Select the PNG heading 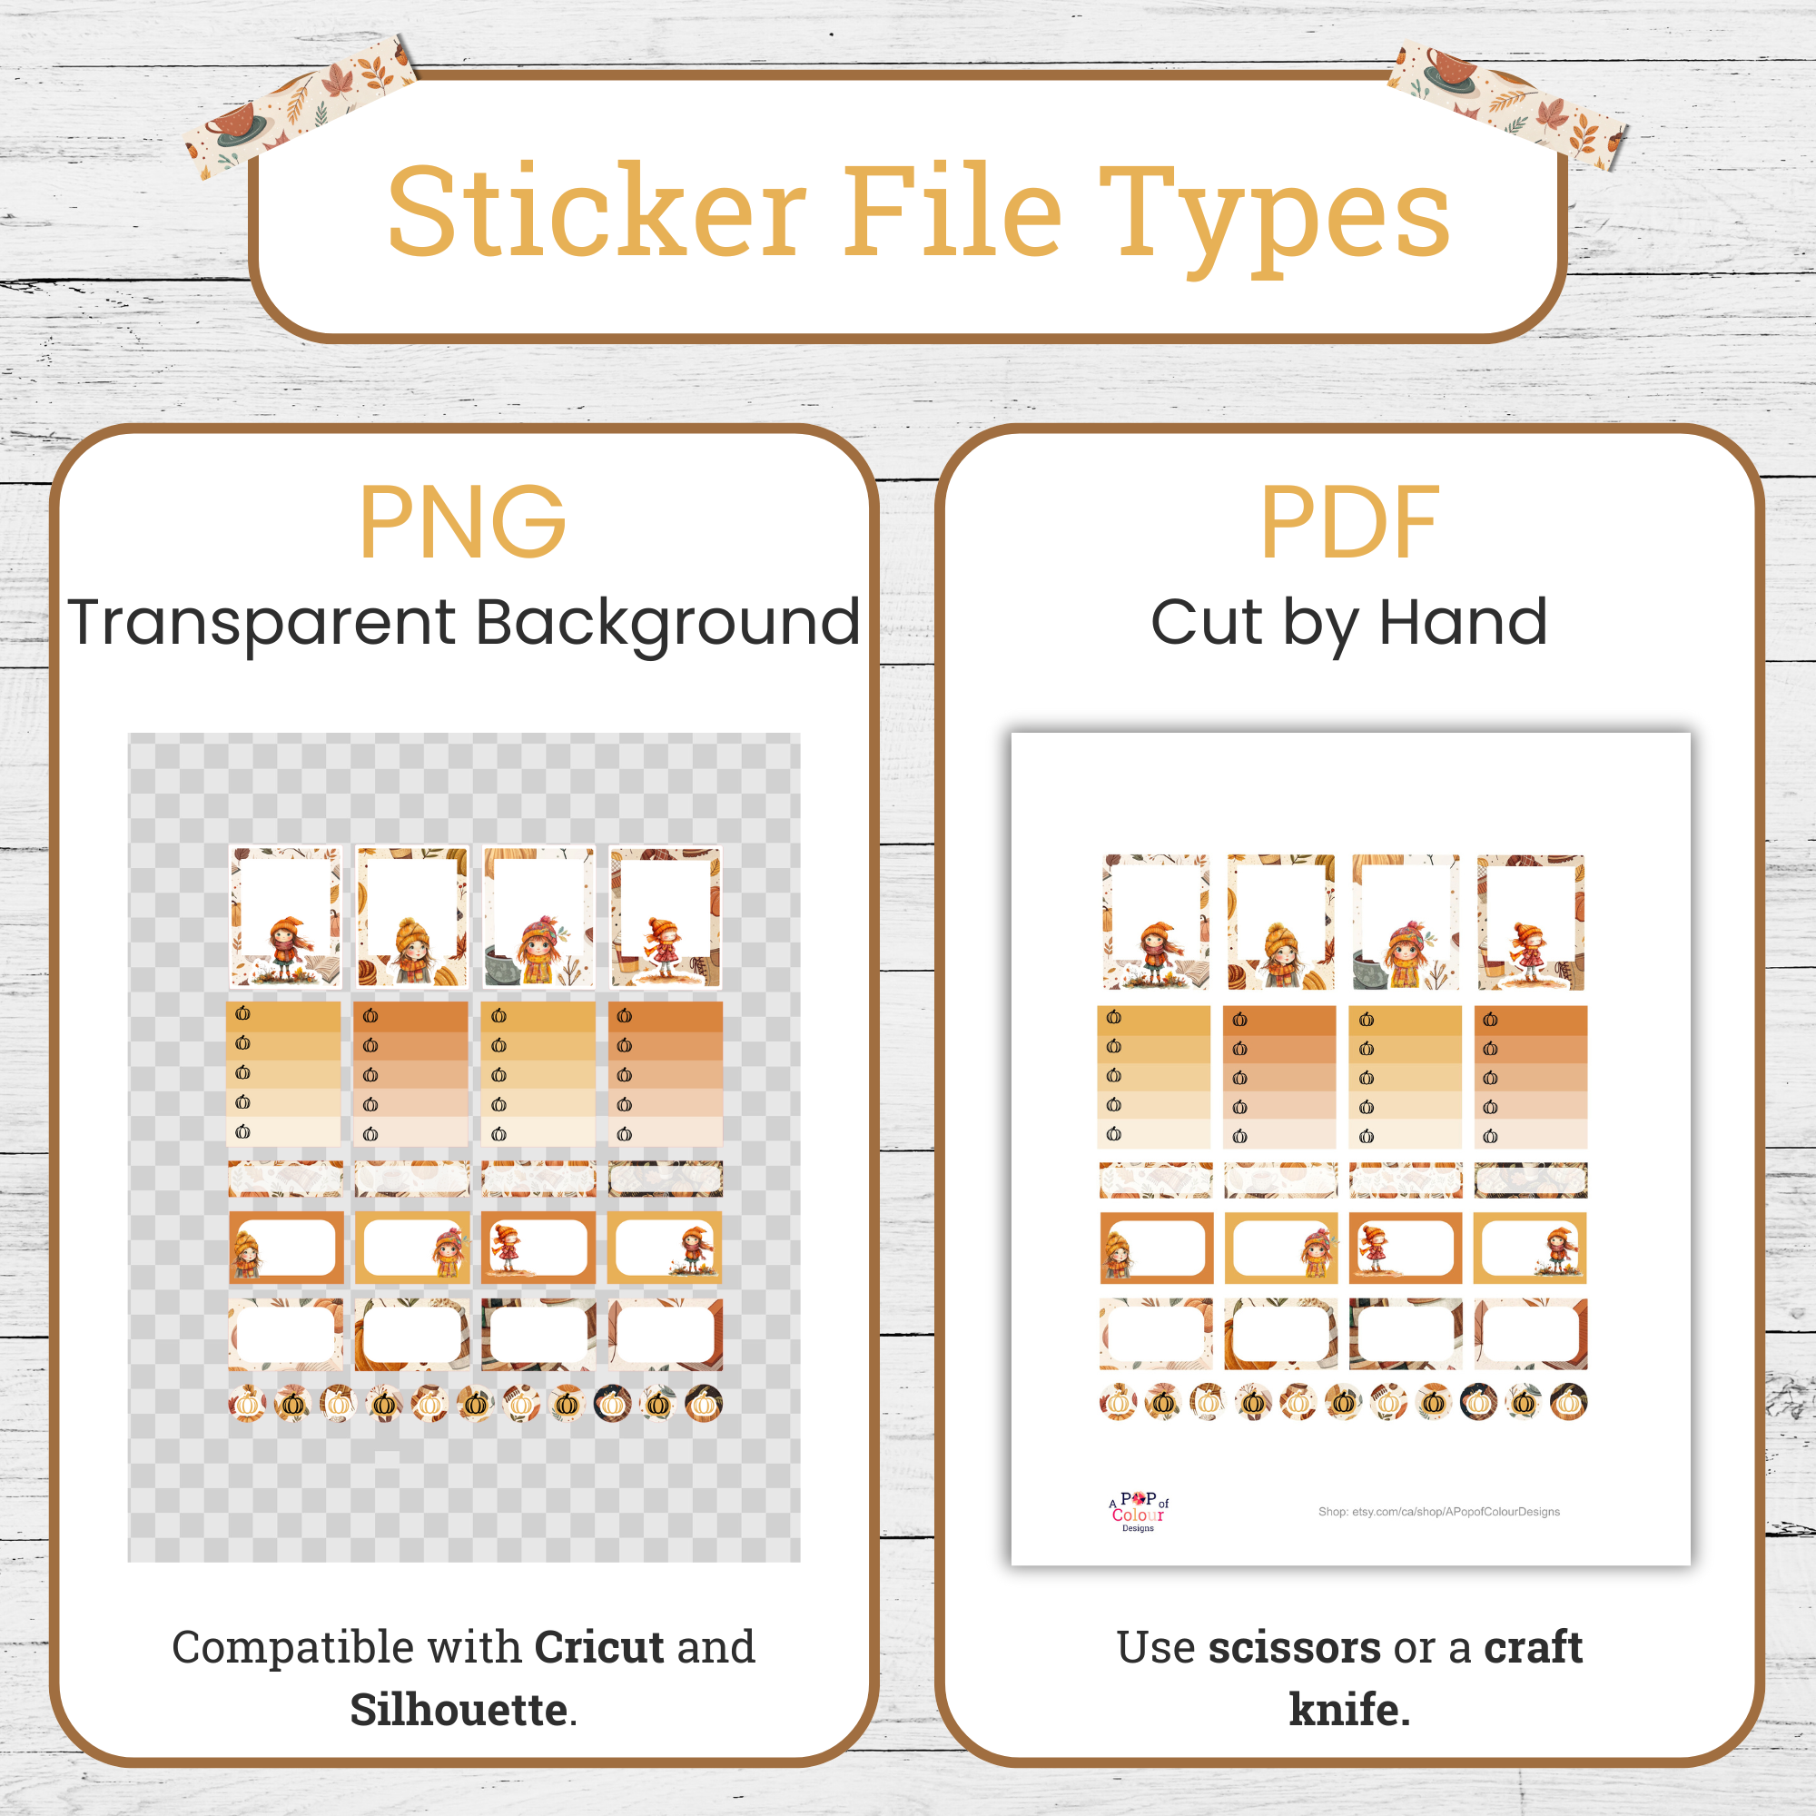click(462, 523)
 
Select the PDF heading click(1349, 523)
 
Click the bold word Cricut click(599, 1648)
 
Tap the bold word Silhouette click(459, 1709)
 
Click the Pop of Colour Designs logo click(1139, 1512)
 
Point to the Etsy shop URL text click(1438, 1512)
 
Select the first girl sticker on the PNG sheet click(286, 916)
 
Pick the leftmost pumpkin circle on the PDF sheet click(1118, 1403)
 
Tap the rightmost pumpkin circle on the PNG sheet click(703, 1405)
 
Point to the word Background click(667, 623)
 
